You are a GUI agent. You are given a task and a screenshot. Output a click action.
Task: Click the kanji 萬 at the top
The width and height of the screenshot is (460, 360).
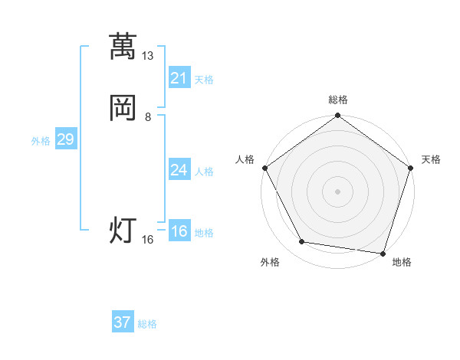pos(123,47)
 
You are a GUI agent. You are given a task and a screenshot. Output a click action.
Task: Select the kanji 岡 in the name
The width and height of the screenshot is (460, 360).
pos(123,107)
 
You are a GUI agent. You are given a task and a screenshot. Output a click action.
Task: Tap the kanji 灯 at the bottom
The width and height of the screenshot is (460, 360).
pos(123,229)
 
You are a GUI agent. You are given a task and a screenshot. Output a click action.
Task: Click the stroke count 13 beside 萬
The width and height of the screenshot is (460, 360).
pos(148,56)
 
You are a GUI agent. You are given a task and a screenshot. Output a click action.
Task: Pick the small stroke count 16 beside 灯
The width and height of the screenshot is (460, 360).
pos(148,240)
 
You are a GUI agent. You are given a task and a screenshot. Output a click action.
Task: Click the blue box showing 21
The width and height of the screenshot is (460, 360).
pos(179,78)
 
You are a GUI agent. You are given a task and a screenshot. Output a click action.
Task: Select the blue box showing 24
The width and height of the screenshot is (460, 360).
pos(179,170)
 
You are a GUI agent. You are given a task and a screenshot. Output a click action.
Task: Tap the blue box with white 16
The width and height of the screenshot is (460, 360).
pos(179,231)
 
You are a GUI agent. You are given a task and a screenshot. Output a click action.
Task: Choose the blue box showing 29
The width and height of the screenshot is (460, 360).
pos(65,139)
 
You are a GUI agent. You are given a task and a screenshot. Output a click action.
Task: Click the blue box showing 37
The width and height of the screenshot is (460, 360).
pos(122,322)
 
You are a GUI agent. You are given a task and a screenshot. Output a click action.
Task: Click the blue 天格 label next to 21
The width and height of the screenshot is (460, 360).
pos(204,80)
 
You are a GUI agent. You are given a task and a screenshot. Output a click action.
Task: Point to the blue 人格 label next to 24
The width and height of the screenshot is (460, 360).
pos(204,172)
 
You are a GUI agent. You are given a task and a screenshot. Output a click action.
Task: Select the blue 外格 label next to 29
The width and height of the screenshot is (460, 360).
pos(41,141)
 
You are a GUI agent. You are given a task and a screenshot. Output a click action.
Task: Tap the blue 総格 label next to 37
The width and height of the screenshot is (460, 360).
pos(147,324)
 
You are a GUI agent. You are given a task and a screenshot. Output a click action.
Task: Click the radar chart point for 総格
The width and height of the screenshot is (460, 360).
pos(337,116)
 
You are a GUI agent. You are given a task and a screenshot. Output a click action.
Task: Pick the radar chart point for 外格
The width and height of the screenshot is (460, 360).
pos(302,243)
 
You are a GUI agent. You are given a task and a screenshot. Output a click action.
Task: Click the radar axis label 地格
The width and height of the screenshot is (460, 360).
pos(402,262)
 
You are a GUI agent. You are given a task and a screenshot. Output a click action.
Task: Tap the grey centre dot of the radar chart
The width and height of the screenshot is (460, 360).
pos(337,191)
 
